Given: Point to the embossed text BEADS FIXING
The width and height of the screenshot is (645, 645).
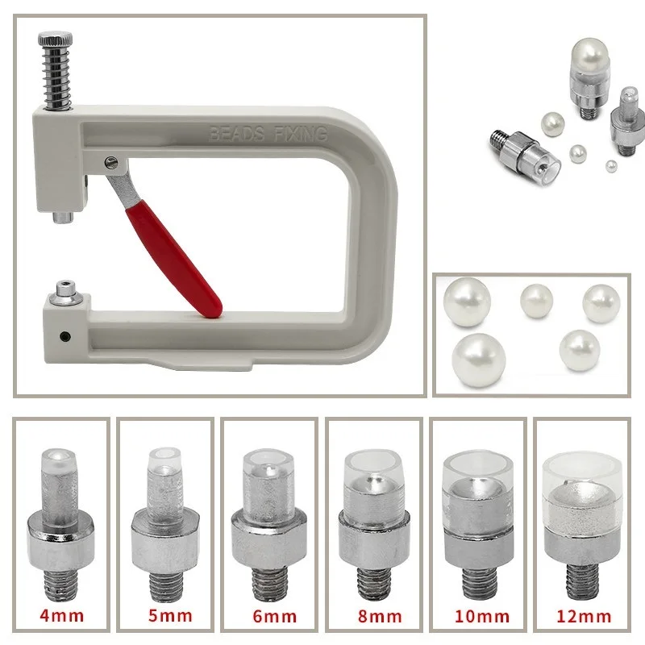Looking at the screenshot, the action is (268, 134).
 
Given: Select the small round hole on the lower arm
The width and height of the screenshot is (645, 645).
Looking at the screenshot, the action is (65, 336).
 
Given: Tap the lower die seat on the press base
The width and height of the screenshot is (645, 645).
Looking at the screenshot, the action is (65, 293).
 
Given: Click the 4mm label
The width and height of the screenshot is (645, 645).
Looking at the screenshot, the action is (62, 615).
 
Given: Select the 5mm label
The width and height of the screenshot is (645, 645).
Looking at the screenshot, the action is (170, 615).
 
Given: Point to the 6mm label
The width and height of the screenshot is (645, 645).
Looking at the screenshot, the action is (274, 616).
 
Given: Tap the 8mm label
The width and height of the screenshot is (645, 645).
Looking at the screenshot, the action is (379, 616).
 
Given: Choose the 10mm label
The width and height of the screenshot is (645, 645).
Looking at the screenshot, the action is (481, 616).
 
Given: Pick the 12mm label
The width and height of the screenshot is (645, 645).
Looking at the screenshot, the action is (584, 616).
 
